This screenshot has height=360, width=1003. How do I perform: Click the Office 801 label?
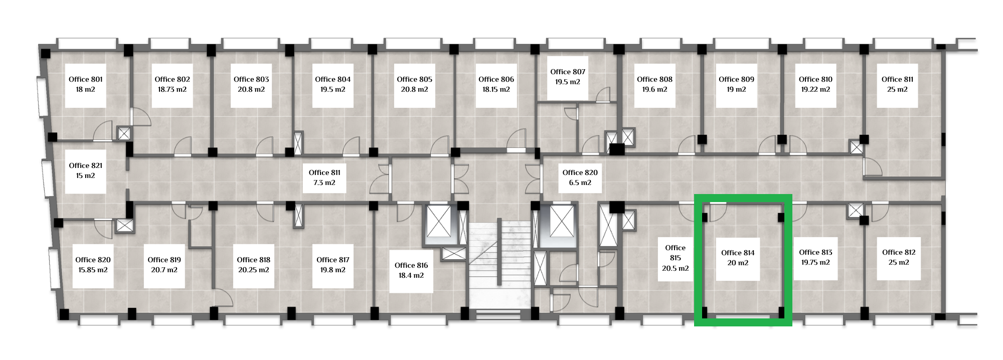click(x=85, y=84)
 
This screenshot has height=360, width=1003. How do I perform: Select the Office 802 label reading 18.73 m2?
click(x=172, y=84)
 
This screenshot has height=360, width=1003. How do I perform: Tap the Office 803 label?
click(x=251, y=84)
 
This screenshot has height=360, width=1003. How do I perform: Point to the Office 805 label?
click(x=414, y=84)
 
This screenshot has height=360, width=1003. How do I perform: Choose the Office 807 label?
click(x=568, y=77)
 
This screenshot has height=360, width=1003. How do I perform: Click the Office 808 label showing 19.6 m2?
click(x=654, y=84)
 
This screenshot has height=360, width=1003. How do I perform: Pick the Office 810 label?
click(x=815, y=84)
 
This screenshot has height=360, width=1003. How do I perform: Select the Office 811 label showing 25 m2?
click(x=897, y=84)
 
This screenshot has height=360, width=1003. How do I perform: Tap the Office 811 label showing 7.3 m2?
click(x=324, y=177)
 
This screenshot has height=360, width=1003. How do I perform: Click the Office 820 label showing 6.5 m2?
click(x=580, y=177)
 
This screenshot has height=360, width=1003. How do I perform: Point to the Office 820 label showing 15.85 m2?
click(x=93, y=265)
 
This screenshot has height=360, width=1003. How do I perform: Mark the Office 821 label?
click(x=85, y=171)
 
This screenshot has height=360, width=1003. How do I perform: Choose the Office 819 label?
click(x=164, y=265)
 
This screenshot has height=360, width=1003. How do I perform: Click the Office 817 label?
click(x=332, y=265)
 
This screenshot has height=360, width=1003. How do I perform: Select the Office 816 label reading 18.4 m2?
click(x=411, y=271)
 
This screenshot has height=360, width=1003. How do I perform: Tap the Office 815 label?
click(x=675, y=258)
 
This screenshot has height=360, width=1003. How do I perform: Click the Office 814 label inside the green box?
click(x=738, y=258)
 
